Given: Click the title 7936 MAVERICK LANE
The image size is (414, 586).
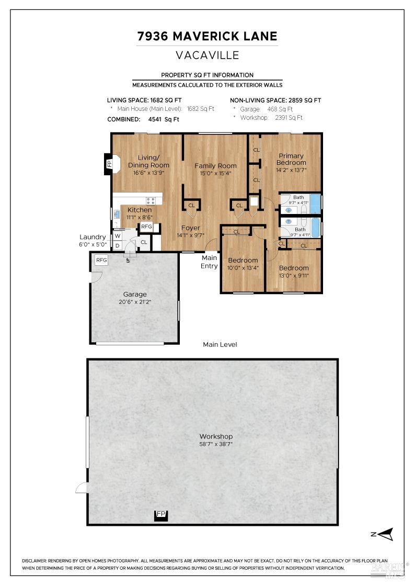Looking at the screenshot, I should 207,37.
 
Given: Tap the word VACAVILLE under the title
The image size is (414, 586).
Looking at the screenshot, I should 207,54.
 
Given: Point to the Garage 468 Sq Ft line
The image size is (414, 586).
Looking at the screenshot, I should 266,109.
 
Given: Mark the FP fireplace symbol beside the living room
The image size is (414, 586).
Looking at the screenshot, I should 109,164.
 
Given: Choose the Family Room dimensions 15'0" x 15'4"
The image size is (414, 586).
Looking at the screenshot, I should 215,173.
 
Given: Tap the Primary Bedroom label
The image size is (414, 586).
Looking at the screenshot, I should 291,159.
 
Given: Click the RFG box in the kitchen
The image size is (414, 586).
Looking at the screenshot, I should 146,227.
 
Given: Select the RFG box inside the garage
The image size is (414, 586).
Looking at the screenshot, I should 101,260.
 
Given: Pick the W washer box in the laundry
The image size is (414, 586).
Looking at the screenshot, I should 117,236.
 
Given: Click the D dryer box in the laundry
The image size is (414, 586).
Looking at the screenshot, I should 117,245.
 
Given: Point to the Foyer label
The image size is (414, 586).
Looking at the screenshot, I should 190,228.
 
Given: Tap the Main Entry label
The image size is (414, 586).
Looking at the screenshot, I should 210,262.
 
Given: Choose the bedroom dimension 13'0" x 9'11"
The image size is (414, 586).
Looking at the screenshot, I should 293,276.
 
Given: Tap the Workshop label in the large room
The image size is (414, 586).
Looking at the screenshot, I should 216,436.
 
